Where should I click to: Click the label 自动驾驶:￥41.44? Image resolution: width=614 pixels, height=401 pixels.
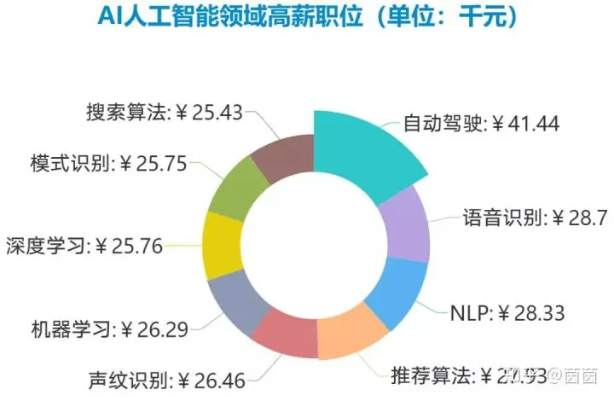point(481,124)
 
